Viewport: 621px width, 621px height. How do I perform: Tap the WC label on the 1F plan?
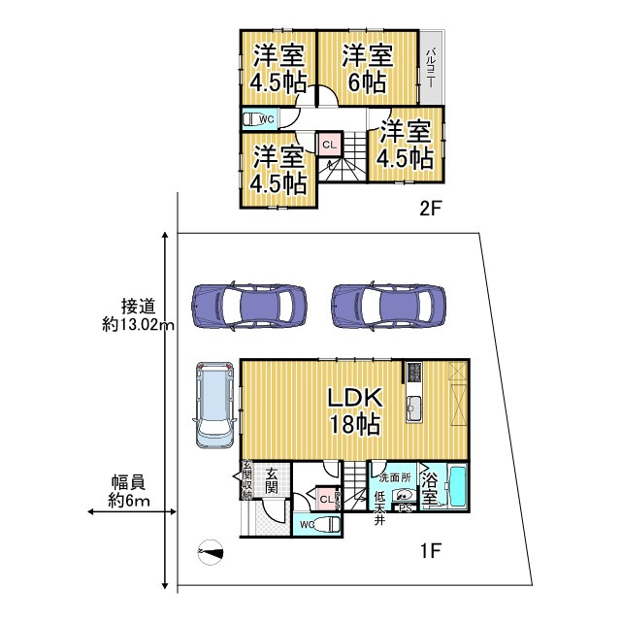click(306, 524)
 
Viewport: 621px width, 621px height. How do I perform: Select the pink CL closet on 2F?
click(329, 145)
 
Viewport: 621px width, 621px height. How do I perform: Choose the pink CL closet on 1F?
click(324, 499)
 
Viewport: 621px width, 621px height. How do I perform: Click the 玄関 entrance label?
click(267, 478)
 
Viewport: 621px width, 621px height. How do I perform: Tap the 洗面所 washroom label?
click(394, 477)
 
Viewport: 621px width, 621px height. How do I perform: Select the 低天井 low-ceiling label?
click(380, 504)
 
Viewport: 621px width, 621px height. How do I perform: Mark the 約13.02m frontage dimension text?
click(139, 315)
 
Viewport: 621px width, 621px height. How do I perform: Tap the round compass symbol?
click(208, 552)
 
